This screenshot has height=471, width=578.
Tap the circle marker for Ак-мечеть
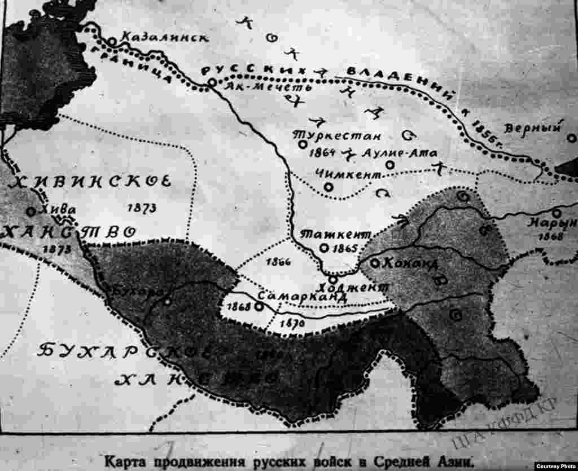212,83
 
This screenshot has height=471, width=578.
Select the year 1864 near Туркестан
323,152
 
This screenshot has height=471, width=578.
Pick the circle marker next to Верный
571,138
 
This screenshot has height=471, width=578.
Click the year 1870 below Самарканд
292,324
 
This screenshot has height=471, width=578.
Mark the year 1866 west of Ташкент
277,262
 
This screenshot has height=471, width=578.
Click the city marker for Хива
30,212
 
